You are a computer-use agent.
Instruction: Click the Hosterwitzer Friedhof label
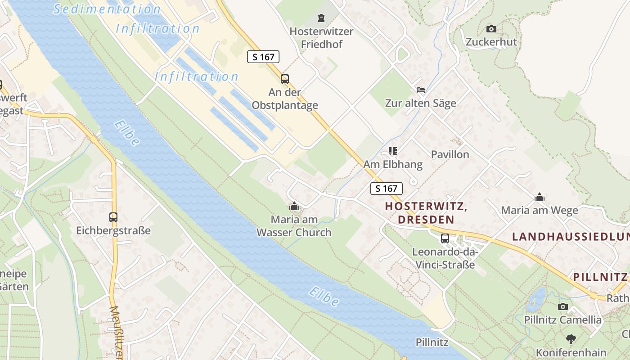pyautogui.click(x=321, y=38)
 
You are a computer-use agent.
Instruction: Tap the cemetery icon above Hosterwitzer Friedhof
pyautogui.click(x=321, y=18)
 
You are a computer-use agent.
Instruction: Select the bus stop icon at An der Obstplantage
pyautogui.click(x=285, y=79)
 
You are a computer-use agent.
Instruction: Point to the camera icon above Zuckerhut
pyautogui.click(x=491, y=29)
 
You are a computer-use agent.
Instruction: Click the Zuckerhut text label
pyautogui.click(x=491, y=42)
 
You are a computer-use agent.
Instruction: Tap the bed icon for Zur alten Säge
pyautogui.click(x=421, y=90)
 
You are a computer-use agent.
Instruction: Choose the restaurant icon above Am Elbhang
pyautogui.click(x=393, y=151)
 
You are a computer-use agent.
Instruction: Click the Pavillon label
pyautogui.click(x=450, y=154)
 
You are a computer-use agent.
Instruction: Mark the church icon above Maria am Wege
pyautogui.click(x=540, y=197)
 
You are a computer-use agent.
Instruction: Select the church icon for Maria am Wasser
pyautogui.click(x=294, y=207)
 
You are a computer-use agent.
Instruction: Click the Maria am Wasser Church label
pyautogui.click(x=294, y=226)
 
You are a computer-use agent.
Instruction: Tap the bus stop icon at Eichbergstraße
pyautogui.click(x=113, y=217)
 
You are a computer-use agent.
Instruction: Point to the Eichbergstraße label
pyautogui.click(x=113, y=230)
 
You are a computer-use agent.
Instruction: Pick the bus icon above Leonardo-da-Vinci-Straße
pyautogui.click(x=445, y=238)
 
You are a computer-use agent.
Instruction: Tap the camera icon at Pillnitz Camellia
pyautogui.click(x=562, y=306)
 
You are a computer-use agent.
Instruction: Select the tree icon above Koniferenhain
pyautogui.click(x=571, y=339)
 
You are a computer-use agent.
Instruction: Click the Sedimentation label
pyautogui.click(x=107, y=9)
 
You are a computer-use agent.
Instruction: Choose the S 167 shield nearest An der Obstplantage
pyautogui.click(x=263, y=57)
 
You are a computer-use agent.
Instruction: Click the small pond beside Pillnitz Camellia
pyautogui.click(x=536, y=299)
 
